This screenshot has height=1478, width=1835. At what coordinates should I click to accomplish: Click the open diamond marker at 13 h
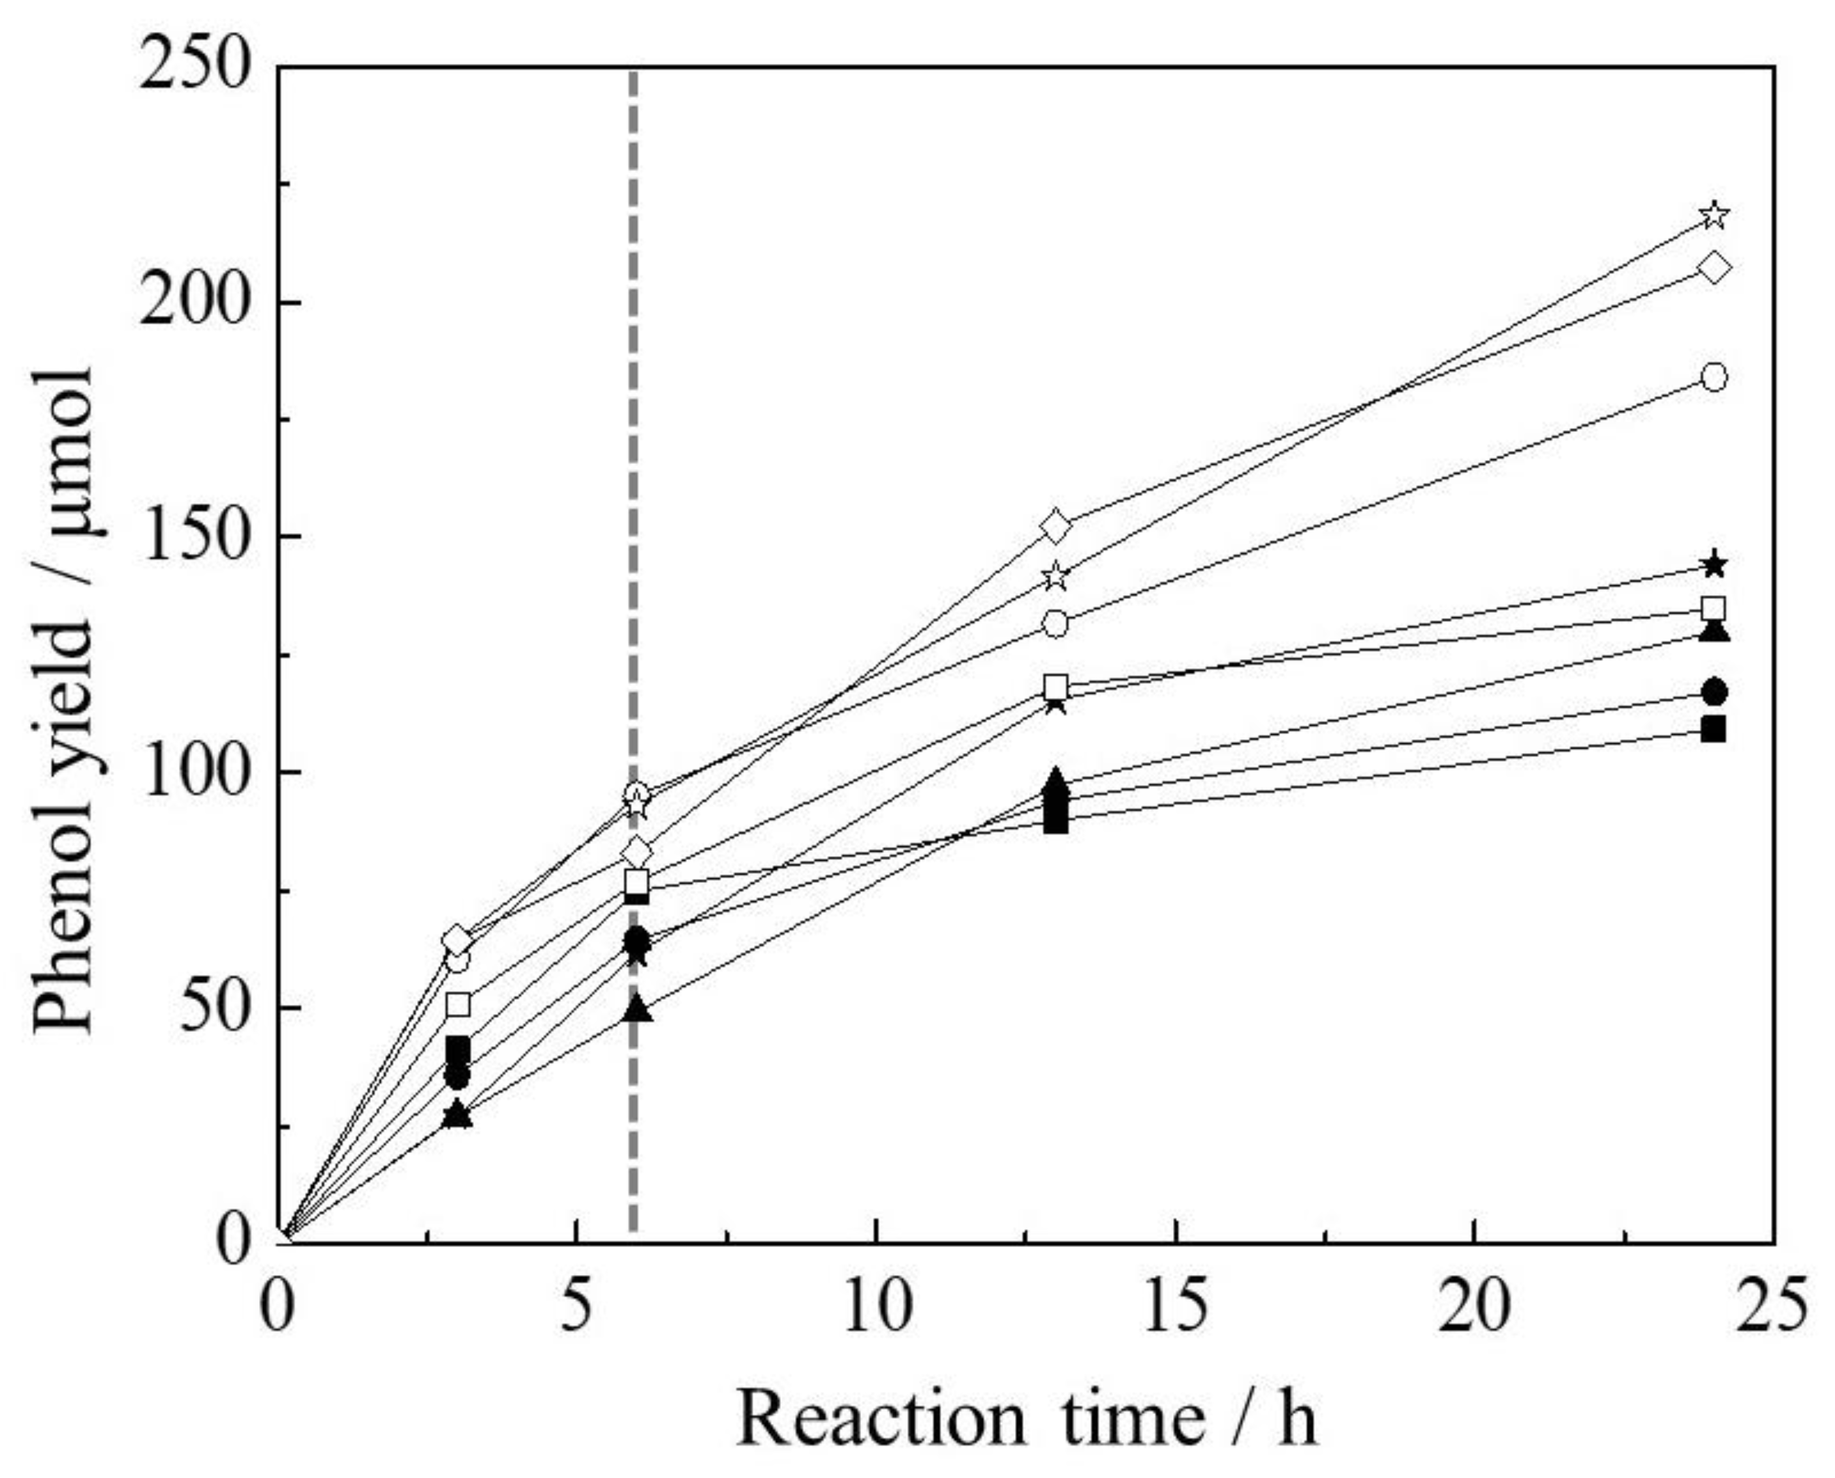tap(1056, 527)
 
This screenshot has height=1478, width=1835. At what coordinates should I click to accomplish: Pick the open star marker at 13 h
tap(1056, 576)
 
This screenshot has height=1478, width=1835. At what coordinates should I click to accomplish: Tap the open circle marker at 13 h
tap(1056, 624)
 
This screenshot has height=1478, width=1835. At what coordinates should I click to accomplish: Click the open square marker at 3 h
tap(458, 1005)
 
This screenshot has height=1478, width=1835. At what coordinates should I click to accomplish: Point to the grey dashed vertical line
tap(633, 511)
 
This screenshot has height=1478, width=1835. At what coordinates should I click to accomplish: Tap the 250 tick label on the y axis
tap(198, 67)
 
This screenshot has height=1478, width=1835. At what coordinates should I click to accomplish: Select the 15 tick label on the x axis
tap(1175, 1307)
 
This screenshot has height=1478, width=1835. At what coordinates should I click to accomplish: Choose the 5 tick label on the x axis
tap(577, 1307)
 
